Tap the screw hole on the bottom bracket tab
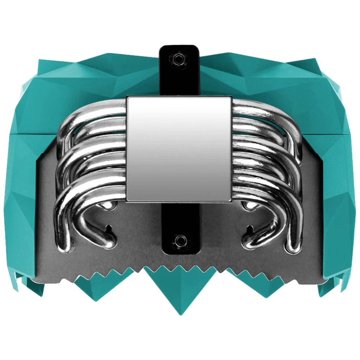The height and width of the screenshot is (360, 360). tap(179, 240)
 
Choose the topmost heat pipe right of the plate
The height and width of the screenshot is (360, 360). tap(263, 108)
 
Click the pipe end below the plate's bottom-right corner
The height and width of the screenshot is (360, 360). tap(248, 206)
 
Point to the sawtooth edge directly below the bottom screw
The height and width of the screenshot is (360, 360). tap(179, 268)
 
